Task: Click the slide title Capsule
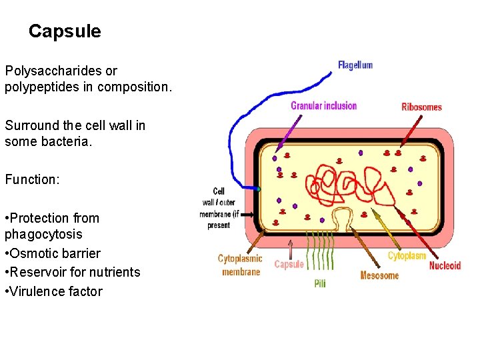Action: point(65,31)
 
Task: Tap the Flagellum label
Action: point(355,65)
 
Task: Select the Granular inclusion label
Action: point(323,105)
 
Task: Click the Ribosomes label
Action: point(421,107)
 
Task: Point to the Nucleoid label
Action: point(445,265)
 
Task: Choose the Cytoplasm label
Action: point(407,255)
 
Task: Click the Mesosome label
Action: point(379,275)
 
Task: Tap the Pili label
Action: point(320,283)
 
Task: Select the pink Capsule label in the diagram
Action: point(289,264)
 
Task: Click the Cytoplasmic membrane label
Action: point(241,265)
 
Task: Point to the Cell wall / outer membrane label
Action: point(217,208)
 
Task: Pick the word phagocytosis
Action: point(43,234)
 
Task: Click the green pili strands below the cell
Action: point(319,254)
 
